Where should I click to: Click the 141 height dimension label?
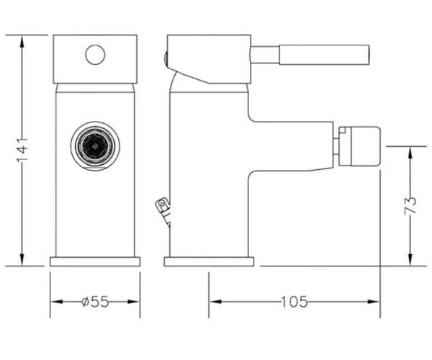tap(22, 150)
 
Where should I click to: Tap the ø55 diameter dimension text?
tap(95, 302)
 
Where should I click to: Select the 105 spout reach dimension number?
tap(294, 302)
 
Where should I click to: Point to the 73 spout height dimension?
tap(410, 206)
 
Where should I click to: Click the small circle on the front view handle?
tap(95, 55)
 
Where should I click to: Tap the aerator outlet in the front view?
tap(95, 145)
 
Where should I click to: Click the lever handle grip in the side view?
tap(324, 55)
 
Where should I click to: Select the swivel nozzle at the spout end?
tap(359, 146)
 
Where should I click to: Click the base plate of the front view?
tap(95, 261)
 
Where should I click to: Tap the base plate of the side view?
tap(209, 261)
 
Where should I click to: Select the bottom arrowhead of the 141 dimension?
tap(22, 259)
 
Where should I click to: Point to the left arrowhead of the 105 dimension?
tap(216, 302)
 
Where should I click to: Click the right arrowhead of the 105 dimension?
tap(373, 302)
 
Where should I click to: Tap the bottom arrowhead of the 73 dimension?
tap(410, 259)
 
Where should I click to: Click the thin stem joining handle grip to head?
tap(265, 55)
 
